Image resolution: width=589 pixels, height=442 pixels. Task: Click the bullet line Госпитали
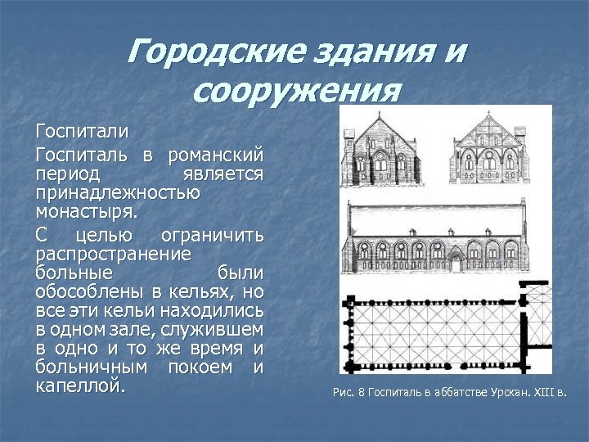point(82,132)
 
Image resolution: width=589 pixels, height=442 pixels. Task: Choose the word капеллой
point(80,386)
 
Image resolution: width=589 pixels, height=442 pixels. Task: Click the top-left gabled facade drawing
point(380,150)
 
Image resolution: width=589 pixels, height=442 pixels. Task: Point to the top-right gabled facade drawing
point(489,150)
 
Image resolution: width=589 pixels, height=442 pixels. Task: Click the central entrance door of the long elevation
point(455,262)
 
